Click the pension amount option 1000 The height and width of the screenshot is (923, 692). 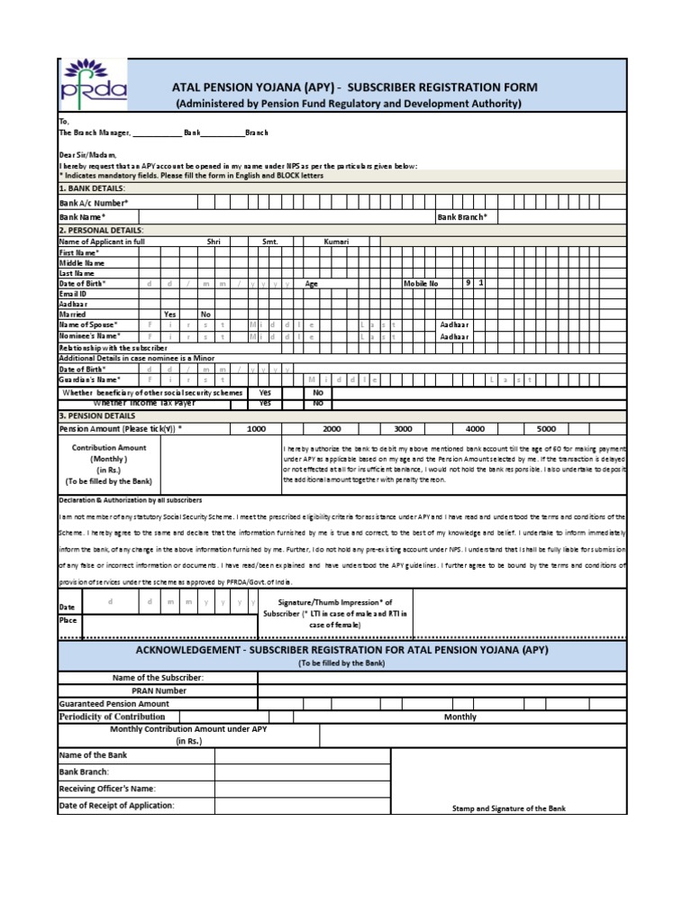click(x=256, y=430)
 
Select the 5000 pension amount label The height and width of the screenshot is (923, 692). click(x=546, y=430)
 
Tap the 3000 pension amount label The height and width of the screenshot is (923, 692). click(x=403, y=430)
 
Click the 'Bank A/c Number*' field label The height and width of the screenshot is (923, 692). click(x=94, y=204)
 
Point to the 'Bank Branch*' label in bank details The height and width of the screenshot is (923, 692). click(x=462, y=217)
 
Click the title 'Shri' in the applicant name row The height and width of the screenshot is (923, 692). click(x=214, y=242)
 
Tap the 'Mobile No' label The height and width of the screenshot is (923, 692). click(x=421, y=283)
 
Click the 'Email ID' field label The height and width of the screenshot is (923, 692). click(x=73, y=294)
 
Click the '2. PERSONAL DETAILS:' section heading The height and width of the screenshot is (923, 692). click(x=101, y=231)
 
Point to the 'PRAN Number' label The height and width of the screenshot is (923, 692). click(x=158, y=690)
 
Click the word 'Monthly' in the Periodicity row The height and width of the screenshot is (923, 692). click(x=460, y=717)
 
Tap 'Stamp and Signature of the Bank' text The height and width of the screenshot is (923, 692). click(x=509, y=809)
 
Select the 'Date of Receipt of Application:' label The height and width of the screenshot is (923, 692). click(x=116, y=805)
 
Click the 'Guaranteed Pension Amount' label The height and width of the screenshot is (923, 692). click(x=114, y=704)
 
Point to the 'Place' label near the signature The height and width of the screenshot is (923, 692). click(x=68, y=620)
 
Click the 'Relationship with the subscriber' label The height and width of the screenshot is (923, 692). click(x=114, y=347)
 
